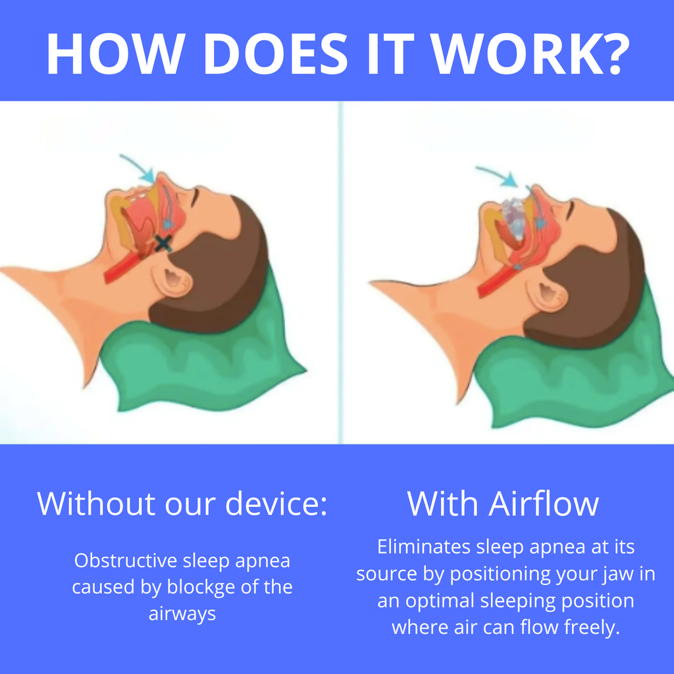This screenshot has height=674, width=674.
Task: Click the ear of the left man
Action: pos(172,279)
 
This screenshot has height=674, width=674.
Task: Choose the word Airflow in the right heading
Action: pos(544,504)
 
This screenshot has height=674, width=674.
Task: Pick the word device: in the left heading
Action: pos(276,504)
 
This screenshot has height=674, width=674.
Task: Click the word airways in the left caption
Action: pos(182,613)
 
